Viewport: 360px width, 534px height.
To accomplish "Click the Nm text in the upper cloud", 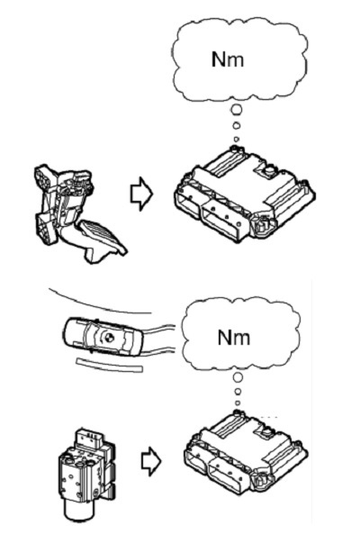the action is pyautogui.click(x=228, y=59).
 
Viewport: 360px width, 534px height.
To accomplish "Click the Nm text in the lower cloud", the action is pyautogui.click(x=234, y=338).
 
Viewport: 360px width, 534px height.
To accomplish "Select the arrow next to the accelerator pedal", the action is pyautogui.click(x=142, y=194).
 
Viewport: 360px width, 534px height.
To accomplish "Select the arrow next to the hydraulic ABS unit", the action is pyautogui.click(x=150, y=461).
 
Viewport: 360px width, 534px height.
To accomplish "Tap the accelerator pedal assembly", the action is pyautogui.click(x=75, y=211).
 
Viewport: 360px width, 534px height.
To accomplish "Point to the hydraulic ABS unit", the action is pyautogui.click(x=86, y=476).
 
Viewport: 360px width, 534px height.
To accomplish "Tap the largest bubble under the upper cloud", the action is pyautogui.click(x=237, y=110).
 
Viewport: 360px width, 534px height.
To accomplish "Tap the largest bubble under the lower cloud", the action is pyautogui.click(x=238, y=377).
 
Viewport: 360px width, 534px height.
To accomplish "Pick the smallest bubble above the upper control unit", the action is pyautogui.click(x=237, y=139).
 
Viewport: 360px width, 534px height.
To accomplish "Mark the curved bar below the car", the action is pyautogui.click(x=110, y=365).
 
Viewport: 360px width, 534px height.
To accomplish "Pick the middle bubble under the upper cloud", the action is pyautogui.click(x=237, y=126).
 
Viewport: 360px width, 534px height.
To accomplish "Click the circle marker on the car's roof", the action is pyautogui.click(x=110, y=338).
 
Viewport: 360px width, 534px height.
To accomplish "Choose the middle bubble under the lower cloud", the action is pyautogui.click(x=238, y=392).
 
